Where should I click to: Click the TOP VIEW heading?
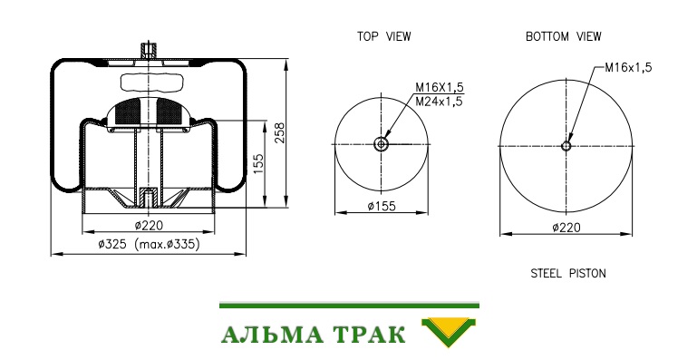(384, 36)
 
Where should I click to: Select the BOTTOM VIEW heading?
(563, 36)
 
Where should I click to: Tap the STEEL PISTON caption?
(568, 273)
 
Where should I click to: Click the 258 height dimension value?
(279, 132)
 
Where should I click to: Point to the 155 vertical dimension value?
(258, 164)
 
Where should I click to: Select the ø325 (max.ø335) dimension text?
(149, 244)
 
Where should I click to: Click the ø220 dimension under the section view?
(149, 226)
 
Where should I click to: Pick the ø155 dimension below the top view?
(382, 206)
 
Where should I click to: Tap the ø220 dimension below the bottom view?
(566, 228)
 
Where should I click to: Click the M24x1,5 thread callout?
(440, 102)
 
